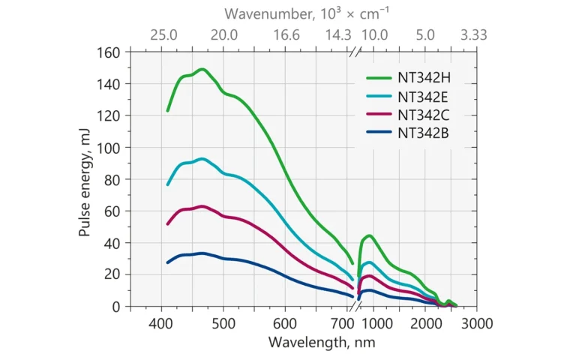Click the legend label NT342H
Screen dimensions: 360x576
[424, 77]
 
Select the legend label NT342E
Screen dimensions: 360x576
[424, 96]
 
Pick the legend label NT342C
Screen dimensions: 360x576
[424, 115]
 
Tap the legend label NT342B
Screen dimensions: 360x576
[424, 133]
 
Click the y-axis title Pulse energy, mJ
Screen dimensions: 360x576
[85, 180]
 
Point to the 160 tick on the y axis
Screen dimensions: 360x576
[110, 52]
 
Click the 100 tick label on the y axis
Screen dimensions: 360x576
[110, 148]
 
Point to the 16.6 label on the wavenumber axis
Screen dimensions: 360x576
[286, 34]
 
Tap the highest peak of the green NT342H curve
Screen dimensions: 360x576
[202, 69]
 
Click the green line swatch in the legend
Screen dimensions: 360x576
[379, 77]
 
